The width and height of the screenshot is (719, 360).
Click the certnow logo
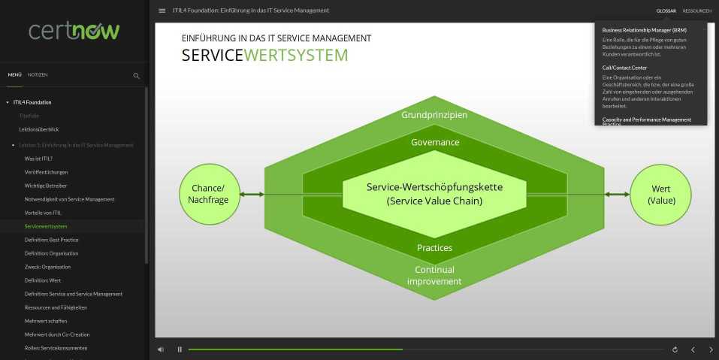point(74,30)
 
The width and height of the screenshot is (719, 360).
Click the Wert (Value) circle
point(661,194)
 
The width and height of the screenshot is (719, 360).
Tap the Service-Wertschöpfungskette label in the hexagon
point(434,194)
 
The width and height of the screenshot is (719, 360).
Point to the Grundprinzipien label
point(434,115)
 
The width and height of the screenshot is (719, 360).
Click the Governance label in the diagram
point(434,142)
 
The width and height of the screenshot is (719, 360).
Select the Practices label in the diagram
point(434,247)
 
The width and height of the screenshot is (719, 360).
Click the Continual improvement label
point(434,275)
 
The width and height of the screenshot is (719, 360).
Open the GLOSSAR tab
point(666,11)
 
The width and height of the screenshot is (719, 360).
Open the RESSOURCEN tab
point(696,11)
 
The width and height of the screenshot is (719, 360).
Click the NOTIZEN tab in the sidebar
point(38,75)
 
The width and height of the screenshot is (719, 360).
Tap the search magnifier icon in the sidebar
point(136,75)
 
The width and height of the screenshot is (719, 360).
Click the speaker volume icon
point(161,349)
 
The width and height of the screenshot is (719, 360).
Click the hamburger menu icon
point(162,11)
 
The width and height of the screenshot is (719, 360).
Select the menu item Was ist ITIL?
point(38,159)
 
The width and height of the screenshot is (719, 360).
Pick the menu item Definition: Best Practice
point(51,240)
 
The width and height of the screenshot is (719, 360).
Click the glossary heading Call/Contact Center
point(624,68)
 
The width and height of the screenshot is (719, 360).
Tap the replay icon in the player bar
point(675,349)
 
